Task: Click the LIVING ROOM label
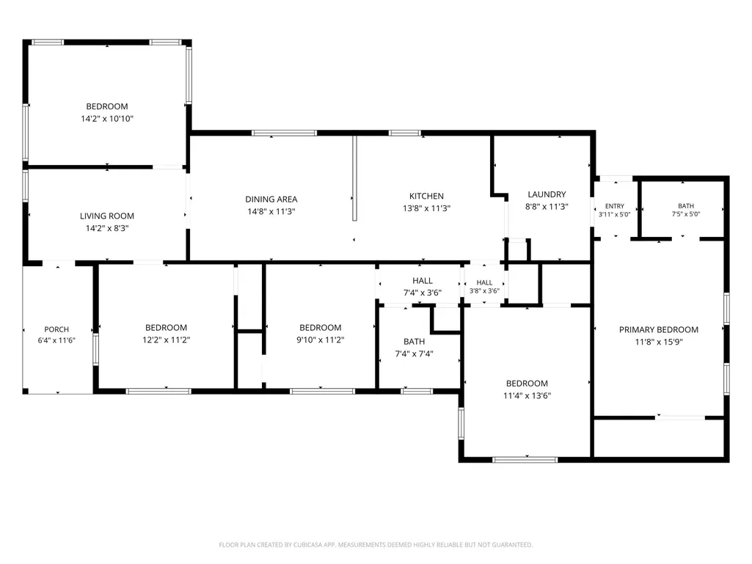(x=107, y=216)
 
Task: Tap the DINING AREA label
(x=271, y=199)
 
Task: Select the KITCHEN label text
(x=426, y=196)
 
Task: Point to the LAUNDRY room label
(x=547, y=194)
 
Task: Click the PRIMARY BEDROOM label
(x=659, y=329)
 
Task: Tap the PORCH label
(x=56, y=329)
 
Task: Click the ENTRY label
(x=615, y=206)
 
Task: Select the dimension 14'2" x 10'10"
(x=107, y=119)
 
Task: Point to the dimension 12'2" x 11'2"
(x=166, y=340)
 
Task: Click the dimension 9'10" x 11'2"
(x=321, y=340)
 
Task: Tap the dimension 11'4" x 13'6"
(x=527, y=395)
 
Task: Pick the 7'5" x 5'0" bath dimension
(x=686, y=214)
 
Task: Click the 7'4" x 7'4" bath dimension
(x=414, y=354)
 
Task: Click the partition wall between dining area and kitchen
(x=355, y=178)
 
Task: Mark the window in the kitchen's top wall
(x=405, y=133)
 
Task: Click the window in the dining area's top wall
(x=285, y=133)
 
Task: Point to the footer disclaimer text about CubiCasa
(x=376, y=545)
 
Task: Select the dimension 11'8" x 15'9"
(x=659, y=342)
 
